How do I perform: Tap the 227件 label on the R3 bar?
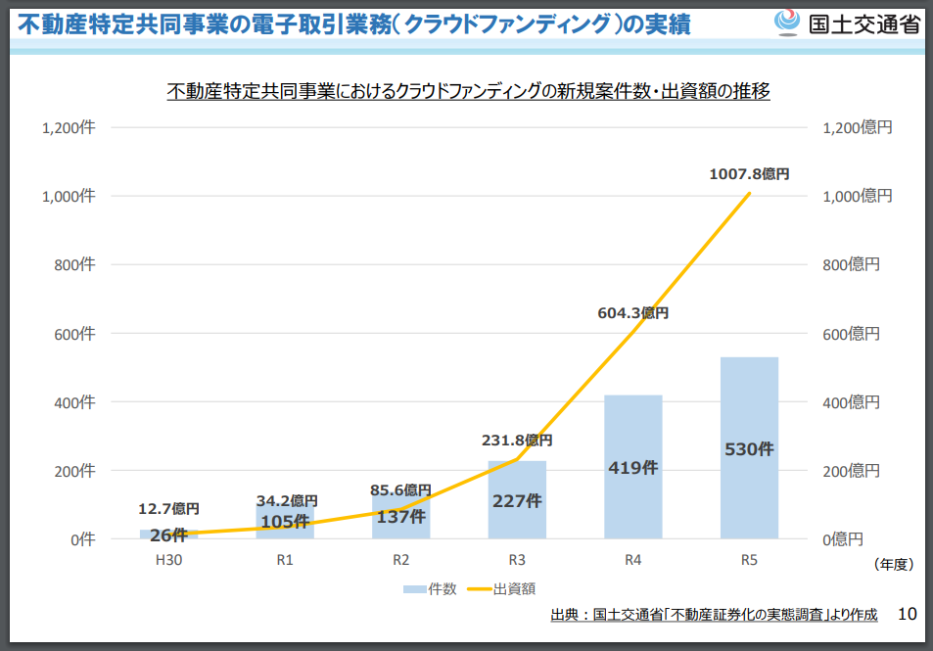(x=517, y=500)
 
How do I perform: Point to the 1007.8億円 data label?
(x=749, y=173)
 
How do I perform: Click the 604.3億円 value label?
(x=632, y=313)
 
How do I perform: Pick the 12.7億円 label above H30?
(x=168, y=508)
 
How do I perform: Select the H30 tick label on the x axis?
(x=168, y=561)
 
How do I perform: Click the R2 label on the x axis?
(x=400, y=561)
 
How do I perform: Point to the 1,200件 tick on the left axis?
(x=68, y=127)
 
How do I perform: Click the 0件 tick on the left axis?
(x=82, y=539)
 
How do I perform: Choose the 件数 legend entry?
(x=430, y=588)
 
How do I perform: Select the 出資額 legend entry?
(x=500, y=588)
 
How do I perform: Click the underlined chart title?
(x=469, y=91)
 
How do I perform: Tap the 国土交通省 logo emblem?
(x=787, y=23)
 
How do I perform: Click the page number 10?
(x=907, y=614)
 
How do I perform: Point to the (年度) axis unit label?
(x=892, y=564)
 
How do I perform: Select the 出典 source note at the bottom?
(x=714, y=615)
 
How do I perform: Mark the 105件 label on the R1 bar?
(x=285, y=522)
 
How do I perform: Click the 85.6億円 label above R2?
(x=400, y=489)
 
